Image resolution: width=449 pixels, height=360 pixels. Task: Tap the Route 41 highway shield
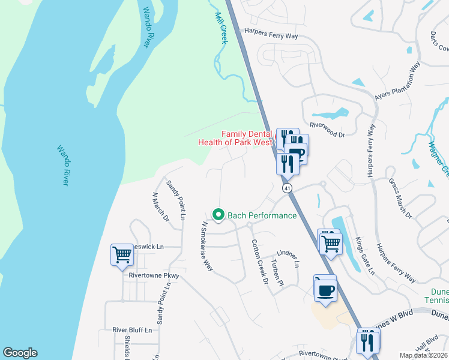[288, 188]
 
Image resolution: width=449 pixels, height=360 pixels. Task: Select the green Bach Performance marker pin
[218, 214]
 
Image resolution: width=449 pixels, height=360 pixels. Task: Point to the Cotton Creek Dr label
[259, 262]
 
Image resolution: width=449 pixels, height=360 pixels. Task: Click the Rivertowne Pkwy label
[154, 275]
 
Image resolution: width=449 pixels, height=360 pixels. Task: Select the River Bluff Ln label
[133, 329]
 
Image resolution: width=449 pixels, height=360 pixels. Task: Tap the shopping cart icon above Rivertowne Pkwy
[122, 254]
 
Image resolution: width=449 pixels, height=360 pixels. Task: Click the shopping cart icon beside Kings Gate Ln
[331, 243]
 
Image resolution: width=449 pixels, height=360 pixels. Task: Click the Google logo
[20, 353]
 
